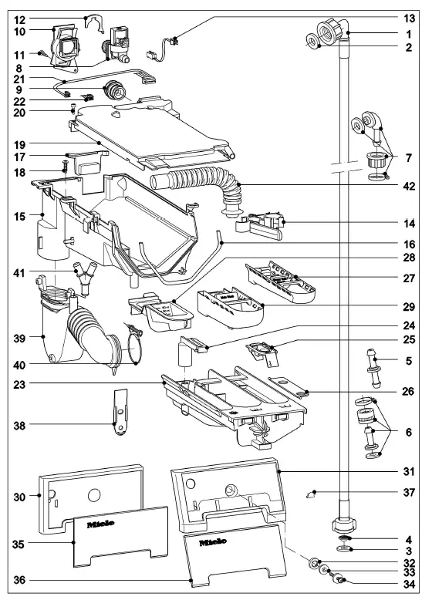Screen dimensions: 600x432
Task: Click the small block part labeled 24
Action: click(x=190, y=349)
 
